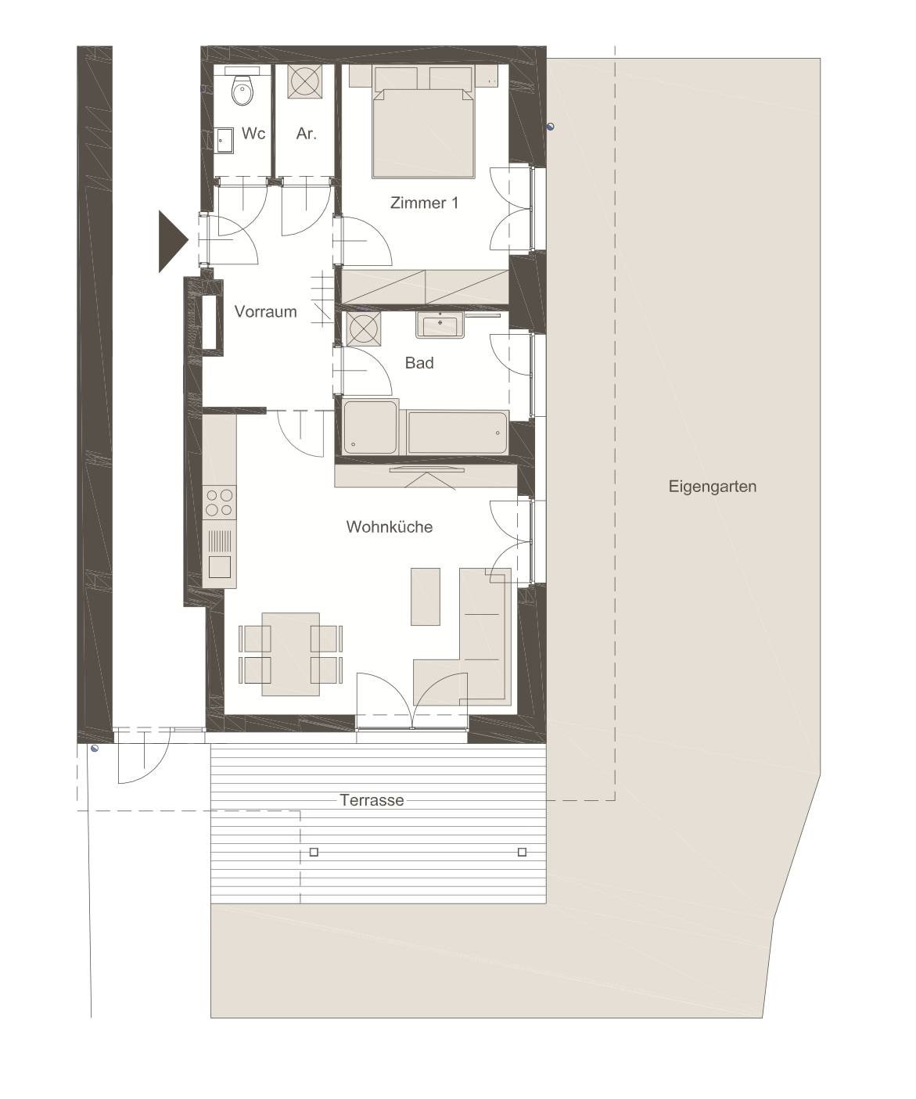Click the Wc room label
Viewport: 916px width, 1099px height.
(253, 133)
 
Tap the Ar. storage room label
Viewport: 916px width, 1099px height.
(307, 133)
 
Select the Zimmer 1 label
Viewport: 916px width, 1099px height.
(424, 203)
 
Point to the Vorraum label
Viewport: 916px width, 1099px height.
(265, 311)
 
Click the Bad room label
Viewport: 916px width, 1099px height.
(419, 363)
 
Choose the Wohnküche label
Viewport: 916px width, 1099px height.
(390, 527)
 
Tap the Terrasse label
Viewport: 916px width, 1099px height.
(372, 800)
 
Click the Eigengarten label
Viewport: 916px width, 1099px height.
(713, 487)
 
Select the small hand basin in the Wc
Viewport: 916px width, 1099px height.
(225, 141)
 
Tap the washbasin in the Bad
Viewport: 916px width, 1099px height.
(440, 325)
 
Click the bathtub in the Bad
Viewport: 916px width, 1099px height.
(458, 433)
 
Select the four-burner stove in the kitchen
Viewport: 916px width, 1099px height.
(220, 502)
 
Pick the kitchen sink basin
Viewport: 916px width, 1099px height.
(220, 567)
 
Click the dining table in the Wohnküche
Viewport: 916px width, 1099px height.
(290, 654)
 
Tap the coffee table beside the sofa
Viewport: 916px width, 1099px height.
(426, 596)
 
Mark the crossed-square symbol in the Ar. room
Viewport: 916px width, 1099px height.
(305, 81)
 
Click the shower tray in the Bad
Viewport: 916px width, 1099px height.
(371, 427)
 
